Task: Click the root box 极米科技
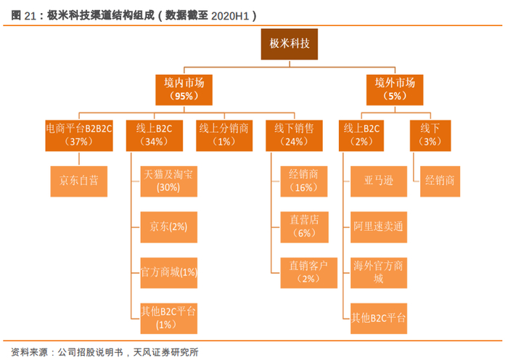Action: (x=290, y=44)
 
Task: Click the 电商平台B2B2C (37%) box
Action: (x=79, y=134)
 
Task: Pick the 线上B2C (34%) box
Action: (x=152, y=134)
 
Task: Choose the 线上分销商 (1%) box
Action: (x=225, y=134)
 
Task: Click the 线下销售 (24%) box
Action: (x=294, y=134)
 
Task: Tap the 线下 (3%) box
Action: (x=430, y=134)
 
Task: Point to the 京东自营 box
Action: (x=79, y=181)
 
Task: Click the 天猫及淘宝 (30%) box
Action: (x=168, y=181)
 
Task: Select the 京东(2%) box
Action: (x=168, y=226)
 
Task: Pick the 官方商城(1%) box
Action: (x=168, y=272)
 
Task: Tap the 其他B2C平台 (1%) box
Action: (x=168, y=317)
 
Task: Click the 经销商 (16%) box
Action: (x=308, y=181)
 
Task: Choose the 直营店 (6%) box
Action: (x=308, y=226)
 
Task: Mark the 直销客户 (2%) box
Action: (x=308, y=272)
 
